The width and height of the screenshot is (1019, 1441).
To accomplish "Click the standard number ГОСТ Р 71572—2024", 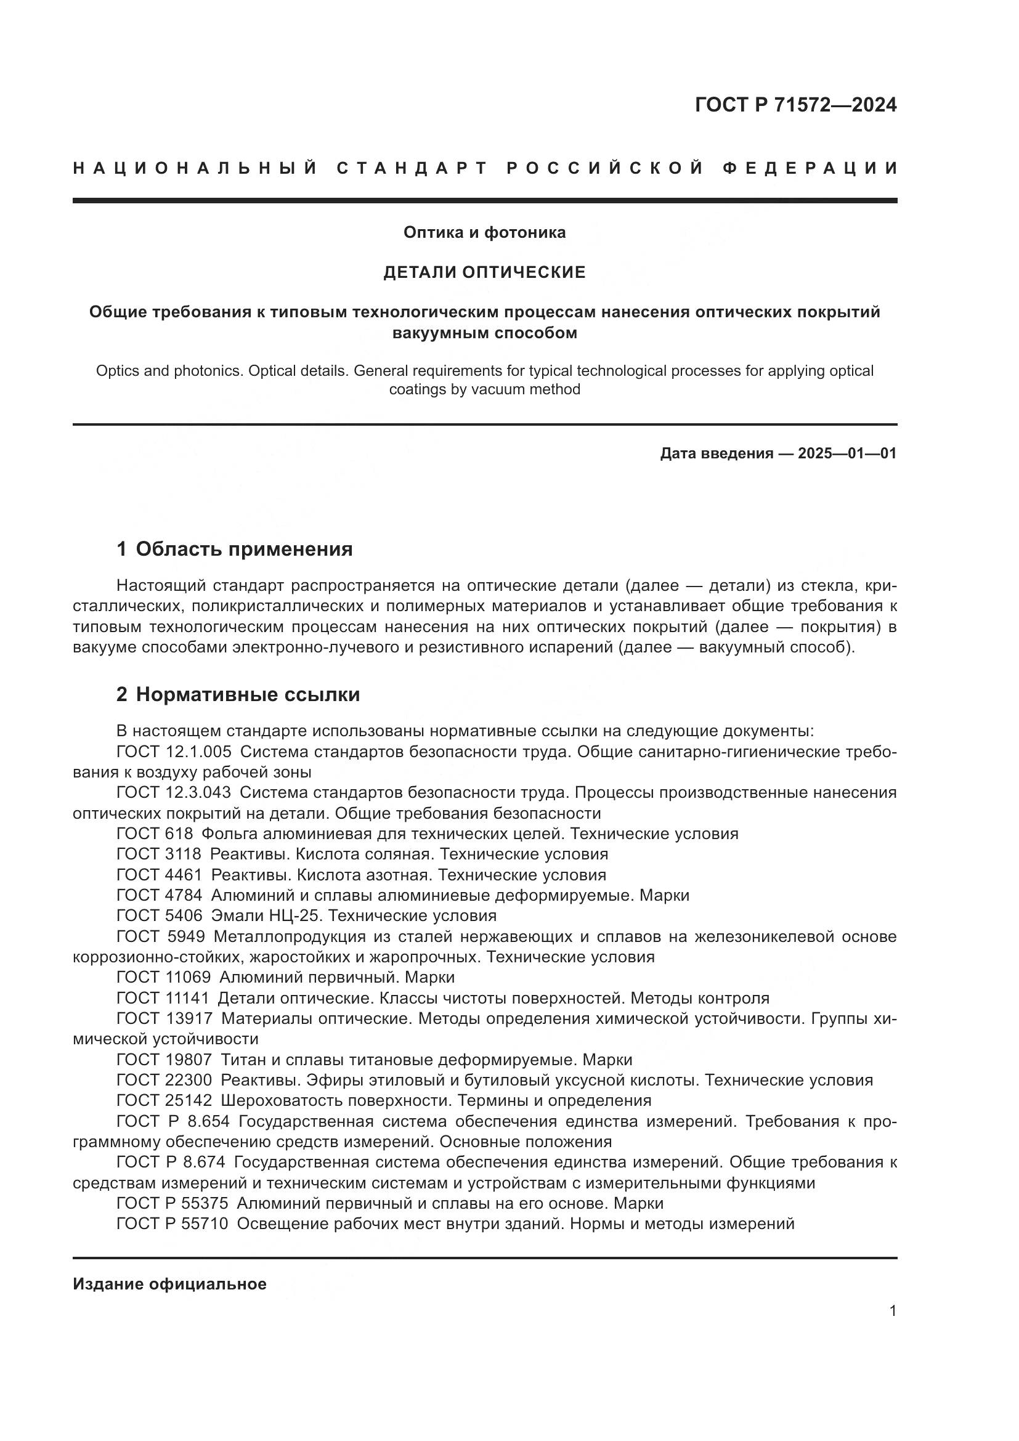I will (795, 105).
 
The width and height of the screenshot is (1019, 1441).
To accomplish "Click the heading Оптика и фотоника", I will (484, 233).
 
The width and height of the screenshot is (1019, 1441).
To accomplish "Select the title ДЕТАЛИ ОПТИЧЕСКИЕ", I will (484, 272).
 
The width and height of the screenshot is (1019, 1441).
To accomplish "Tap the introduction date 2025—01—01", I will (846, 453).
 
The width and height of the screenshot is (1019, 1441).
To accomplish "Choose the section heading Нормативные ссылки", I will (247, 695).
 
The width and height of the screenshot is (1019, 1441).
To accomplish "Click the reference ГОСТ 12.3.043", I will (174, 793).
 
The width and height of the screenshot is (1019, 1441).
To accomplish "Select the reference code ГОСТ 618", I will (155, 834).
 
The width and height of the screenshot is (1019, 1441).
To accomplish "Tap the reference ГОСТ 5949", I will (161, 936).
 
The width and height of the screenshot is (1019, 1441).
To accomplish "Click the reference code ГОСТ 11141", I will (163, 998).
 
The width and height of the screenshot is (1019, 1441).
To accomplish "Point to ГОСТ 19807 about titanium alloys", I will (164, 1060).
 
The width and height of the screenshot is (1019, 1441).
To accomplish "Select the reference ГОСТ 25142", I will (164, 1100).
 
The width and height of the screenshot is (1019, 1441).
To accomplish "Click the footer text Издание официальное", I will (169, 1284).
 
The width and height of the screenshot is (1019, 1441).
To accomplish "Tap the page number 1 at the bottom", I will (892, 1311).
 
